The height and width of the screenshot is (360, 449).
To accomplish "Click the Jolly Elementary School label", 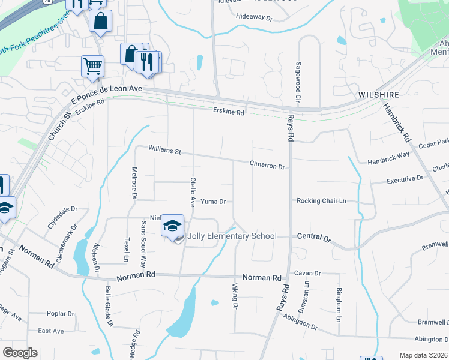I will coord(232,236).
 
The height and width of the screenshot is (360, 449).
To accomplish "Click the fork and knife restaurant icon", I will coord(147,61).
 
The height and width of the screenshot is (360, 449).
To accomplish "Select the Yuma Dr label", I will coord(213,202).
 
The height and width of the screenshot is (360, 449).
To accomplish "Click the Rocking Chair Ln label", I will coord(322,201).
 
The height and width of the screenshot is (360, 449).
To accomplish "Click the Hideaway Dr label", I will coord(254,18).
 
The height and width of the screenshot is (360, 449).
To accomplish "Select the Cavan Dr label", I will coord(307,273).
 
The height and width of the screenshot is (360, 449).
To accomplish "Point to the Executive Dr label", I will coord(405,179).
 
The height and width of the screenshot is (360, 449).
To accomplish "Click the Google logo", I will coord(20,353).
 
